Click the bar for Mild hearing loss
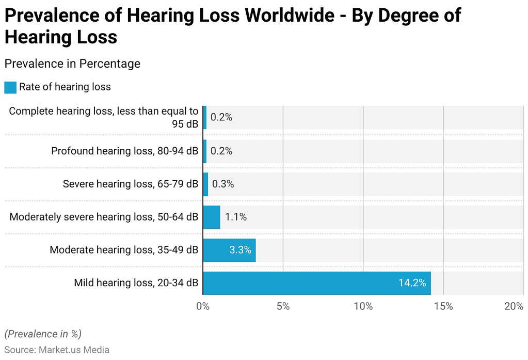click(x=316, y=283)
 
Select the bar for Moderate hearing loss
click(x=229, y=250)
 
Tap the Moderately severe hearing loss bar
click(x=212, y=217)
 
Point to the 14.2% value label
click(x=412, y=283)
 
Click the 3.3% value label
click(x=240, y=250)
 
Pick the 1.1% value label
click(x=236, y=217)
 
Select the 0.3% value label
click(x=223, y=184)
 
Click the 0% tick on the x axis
click(x=203, y=306)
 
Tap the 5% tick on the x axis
click(x=283, y=306)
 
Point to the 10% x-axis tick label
click(x=363, y=306)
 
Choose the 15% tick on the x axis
click(x=443, y=306)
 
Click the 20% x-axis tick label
click(x=514, y=306)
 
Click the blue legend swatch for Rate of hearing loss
click(x=10, y=87)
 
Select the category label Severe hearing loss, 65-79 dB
click(x=130, y=184)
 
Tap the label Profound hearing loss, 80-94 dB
click(x=124, y=151)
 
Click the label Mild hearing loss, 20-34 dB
click(x=136, y=283)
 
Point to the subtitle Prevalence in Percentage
click(x=72, y=64)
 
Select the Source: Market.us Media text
click(x=57, y=350)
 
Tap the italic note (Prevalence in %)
click(x=43, y=334)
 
